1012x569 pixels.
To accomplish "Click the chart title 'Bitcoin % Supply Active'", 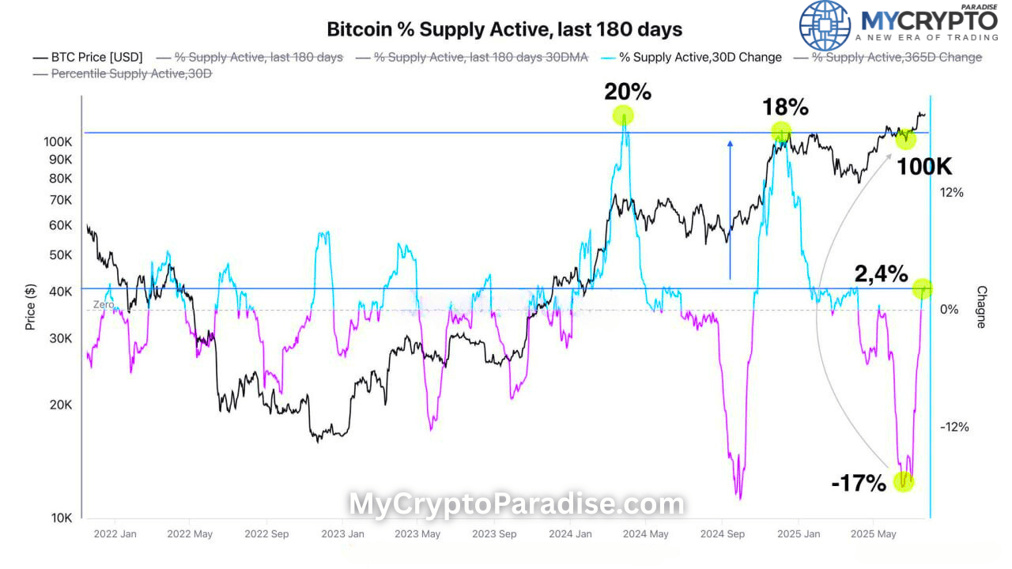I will pos(504,29).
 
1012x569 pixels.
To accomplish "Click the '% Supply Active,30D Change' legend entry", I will pos(700,57).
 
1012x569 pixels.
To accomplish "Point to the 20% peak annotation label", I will pos(628,92).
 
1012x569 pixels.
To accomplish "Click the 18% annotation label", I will pos(785,107).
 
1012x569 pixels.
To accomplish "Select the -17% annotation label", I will pos(858,483).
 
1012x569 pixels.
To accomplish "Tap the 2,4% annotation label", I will pos(881,274).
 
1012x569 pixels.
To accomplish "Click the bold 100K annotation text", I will pos(923,167).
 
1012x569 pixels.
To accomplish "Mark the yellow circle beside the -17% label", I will pos(904,480).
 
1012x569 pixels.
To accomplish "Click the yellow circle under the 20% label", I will pos(624,116).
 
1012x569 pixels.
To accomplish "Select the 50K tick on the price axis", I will pos(61,255).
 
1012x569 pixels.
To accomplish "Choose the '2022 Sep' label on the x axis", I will pos(266,534).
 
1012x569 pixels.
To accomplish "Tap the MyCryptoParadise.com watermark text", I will pos(516,503).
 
